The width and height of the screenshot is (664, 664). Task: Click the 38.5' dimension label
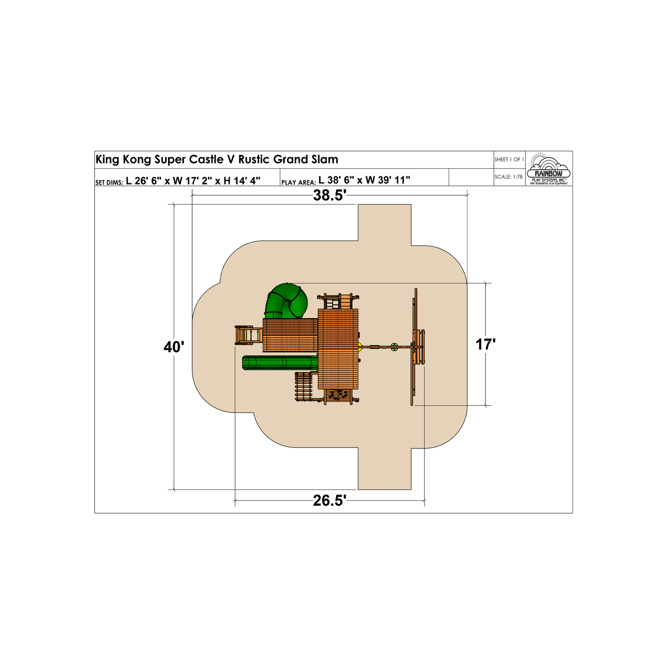(329, 195)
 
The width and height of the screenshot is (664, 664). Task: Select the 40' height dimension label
(174, 347)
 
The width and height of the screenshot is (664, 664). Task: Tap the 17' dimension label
(486, 344)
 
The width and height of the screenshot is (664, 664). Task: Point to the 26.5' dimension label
(329, 501)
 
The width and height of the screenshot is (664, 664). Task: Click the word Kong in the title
(137, 160)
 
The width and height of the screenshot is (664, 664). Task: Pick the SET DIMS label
(109, 182)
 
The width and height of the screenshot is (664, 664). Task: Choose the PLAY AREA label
(298, 182)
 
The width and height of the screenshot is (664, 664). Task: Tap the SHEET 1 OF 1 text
(509, 159)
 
